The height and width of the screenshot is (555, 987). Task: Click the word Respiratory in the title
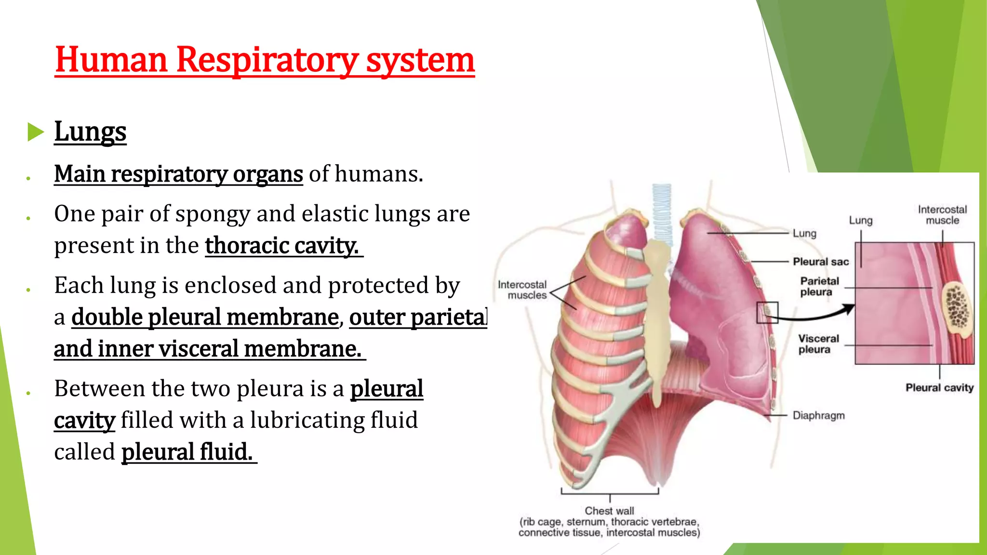[267, 60]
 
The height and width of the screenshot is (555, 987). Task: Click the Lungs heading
[90, 132]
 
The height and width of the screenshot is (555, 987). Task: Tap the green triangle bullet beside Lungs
[35, 132]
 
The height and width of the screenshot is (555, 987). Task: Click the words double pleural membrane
[205, 317]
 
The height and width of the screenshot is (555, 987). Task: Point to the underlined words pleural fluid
[187, 452]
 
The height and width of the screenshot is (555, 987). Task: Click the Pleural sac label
[820, 262]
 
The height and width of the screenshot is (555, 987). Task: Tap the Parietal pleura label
[819, 286]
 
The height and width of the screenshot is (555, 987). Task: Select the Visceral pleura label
[818, 344]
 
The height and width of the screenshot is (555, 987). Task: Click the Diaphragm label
[818, 415]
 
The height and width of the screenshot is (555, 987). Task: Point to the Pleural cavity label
[939, 388]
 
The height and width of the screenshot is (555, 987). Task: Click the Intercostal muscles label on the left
[522, 290]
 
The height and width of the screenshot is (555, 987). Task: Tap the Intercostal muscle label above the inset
[942, 215]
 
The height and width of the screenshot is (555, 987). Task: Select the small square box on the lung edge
[767, 313]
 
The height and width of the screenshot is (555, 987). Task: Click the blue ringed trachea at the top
[662, 212]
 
